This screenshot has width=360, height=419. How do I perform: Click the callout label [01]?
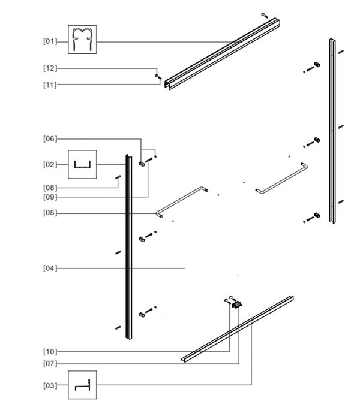50,41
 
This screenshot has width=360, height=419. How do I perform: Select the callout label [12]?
50,68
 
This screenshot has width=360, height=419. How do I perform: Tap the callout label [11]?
50,85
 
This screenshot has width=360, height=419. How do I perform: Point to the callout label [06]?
50,138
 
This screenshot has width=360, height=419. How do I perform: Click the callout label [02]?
50,165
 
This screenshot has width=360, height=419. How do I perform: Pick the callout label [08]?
50,188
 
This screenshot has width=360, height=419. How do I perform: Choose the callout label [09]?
50,197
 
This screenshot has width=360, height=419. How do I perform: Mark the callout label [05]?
50,213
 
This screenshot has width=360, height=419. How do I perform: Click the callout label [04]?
50,268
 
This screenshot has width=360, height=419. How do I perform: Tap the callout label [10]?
50,352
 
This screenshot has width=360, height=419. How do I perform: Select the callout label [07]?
50,363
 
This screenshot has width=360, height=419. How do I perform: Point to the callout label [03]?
50,385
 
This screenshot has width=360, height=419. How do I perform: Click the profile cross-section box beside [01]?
82,40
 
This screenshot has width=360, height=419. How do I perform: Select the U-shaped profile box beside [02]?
82,164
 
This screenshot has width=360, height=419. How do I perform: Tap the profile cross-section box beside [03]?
82,385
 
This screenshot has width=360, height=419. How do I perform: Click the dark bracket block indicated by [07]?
237,305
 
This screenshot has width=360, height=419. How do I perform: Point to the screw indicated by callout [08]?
118,177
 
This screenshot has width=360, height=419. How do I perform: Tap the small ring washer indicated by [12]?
157,76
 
